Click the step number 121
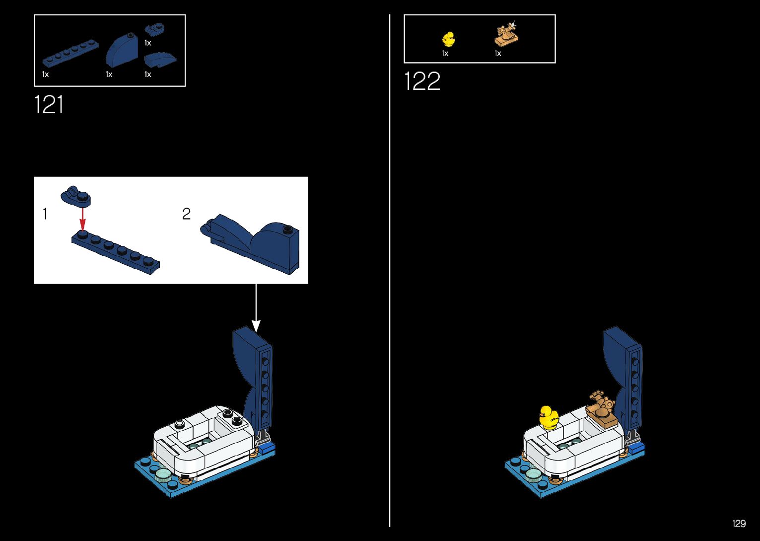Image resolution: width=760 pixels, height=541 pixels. pos(49,105)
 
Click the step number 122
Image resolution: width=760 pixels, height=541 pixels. pos(422,81)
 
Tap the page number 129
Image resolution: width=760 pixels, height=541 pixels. pos(739,524)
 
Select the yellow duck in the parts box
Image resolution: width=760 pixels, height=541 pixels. pos(448,39)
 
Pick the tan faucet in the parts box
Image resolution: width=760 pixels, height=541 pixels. pos(506,35)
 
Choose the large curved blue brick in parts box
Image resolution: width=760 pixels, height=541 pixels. pos(122,49)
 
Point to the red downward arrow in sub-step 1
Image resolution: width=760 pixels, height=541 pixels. pos(82,218)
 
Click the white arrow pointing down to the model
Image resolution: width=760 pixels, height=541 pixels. pos(256,308)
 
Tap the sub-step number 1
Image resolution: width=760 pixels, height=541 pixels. pos(45,214)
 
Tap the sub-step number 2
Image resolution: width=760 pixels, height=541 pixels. pos(186,214)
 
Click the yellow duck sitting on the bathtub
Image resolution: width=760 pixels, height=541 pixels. pos(549,417)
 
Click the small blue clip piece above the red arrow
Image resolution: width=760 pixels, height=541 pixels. pos(75,196)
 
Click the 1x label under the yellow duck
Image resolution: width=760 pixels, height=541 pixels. pos(445,54)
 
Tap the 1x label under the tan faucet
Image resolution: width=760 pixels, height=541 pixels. pos(498,54)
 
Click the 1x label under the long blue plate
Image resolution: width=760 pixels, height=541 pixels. pos(45,75)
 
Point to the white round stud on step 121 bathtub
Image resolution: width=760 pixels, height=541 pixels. pos(179,424)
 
